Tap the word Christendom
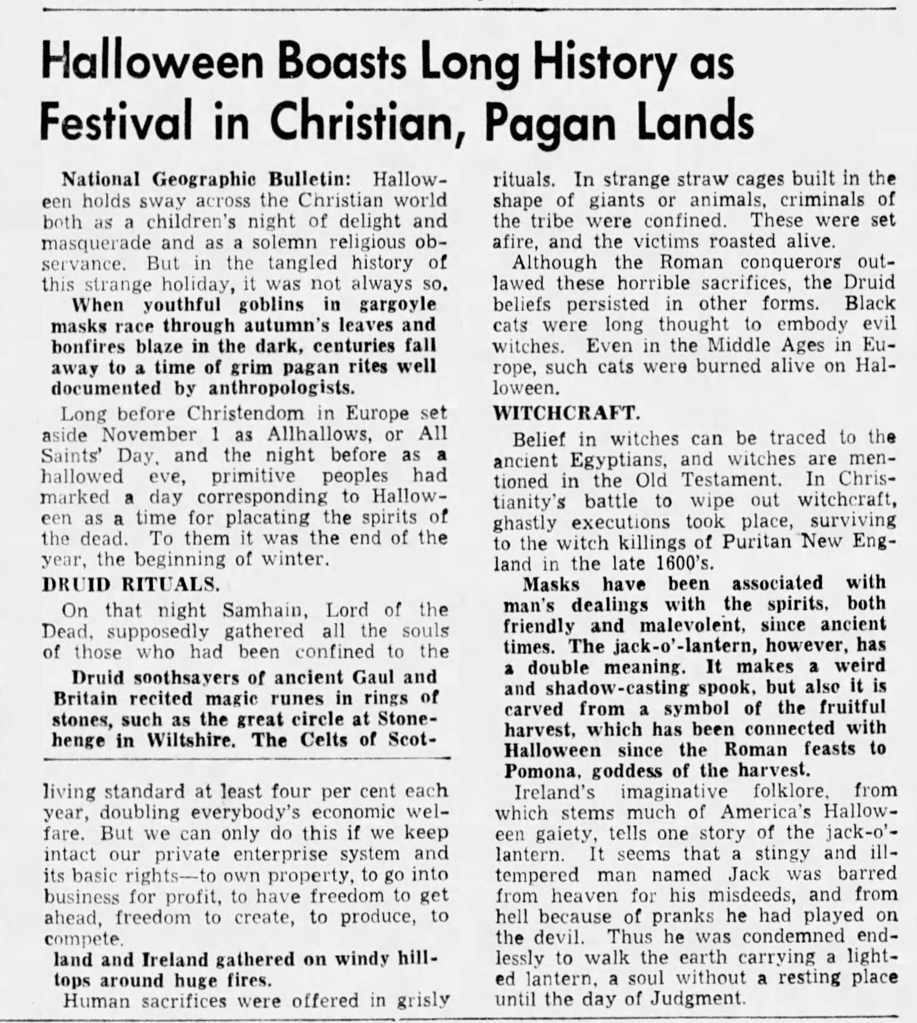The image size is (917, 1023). coord(247,413)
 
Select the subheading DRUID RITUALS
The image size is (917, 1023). coord(131,584)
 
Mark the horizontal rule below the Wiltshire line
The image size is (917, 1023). coord(247,757)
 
